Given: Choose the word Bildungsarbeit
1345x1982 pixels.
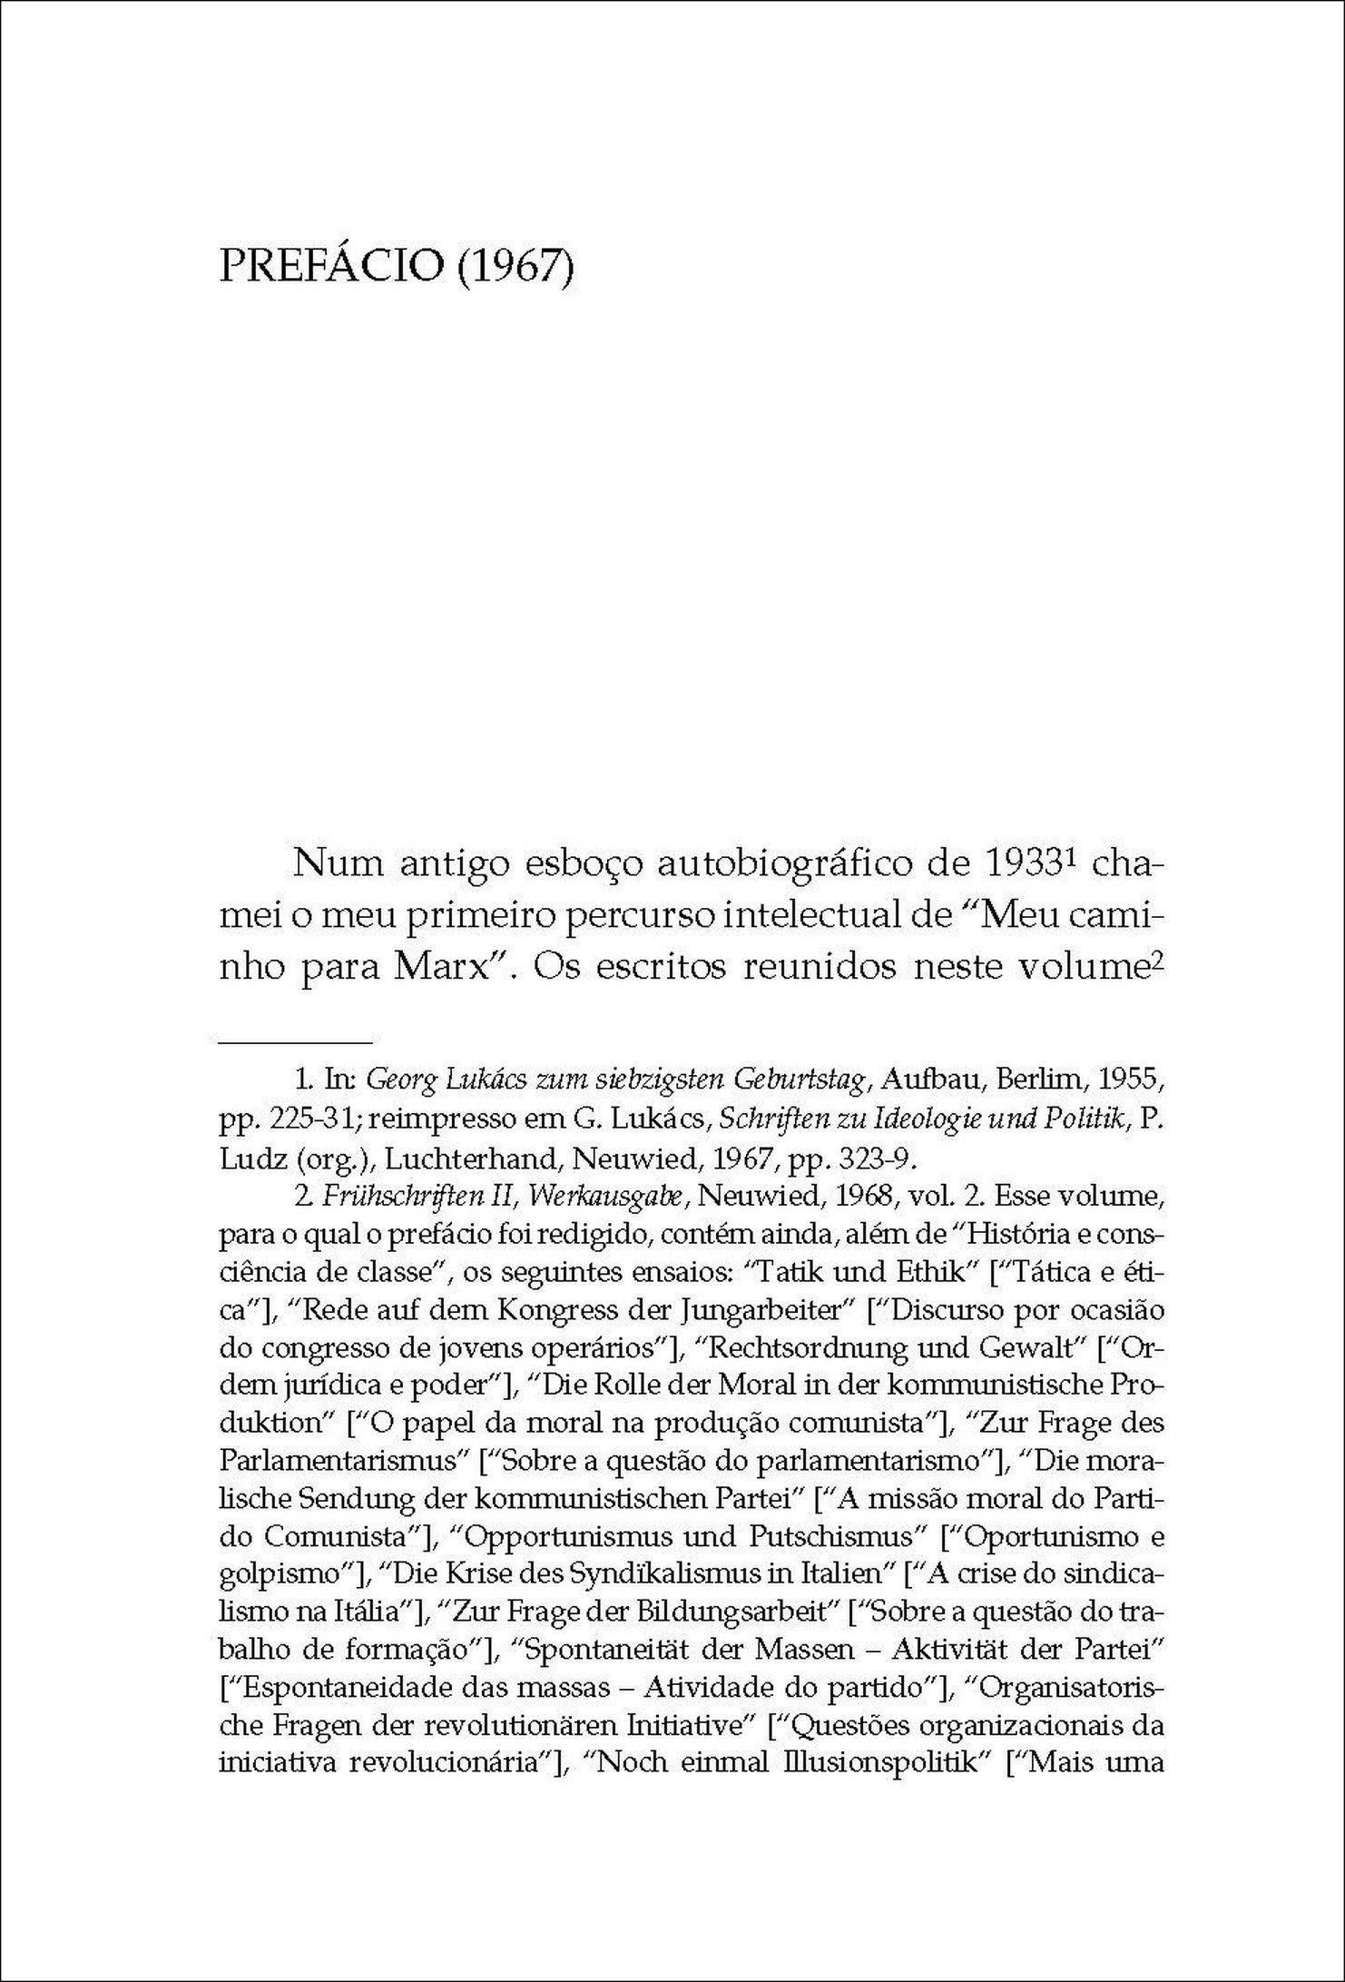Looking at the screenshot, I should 752,1612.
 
